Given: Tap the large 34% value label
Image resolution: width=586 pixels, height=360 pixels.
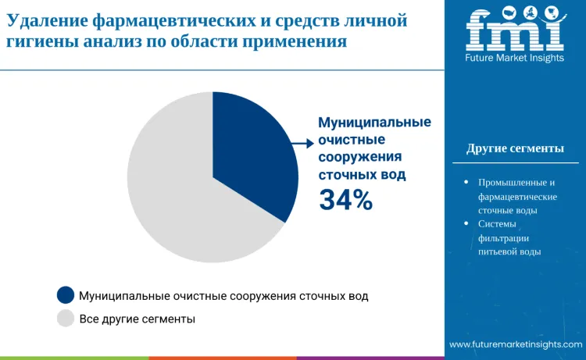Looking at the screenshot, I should click(x=345, y=200).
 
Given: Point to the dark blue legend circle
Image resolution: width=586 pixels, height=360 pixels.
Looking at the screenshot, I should click(x=66, y=295).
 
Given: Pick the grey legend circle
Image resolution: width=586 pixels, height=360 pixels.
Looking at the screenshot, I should click(x=66, y=319).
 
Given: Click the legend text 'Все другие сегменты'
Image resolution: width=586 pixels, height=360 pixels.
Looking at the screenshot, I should click(x=138, y=319).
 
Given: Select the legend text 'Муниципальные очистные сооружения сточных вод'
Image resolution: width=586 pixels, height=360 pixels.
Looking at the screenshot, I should click(x=223, y=295).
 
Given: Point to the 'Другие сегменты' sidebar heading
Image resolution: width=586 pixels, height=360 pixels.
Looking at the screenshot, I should click(x=515, y=148).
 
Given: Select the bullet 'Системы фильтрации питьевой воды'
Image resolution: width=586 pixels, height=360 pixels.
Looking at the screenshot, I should click(x=509, y=237).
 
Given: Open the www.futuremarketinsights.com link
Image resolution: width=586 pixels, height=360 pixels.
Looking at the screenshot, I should click(x=515, y=344).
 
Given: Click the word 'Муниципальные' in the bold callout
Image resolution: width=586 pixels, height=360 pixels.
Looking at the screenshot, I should click(x=374, y=123).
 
